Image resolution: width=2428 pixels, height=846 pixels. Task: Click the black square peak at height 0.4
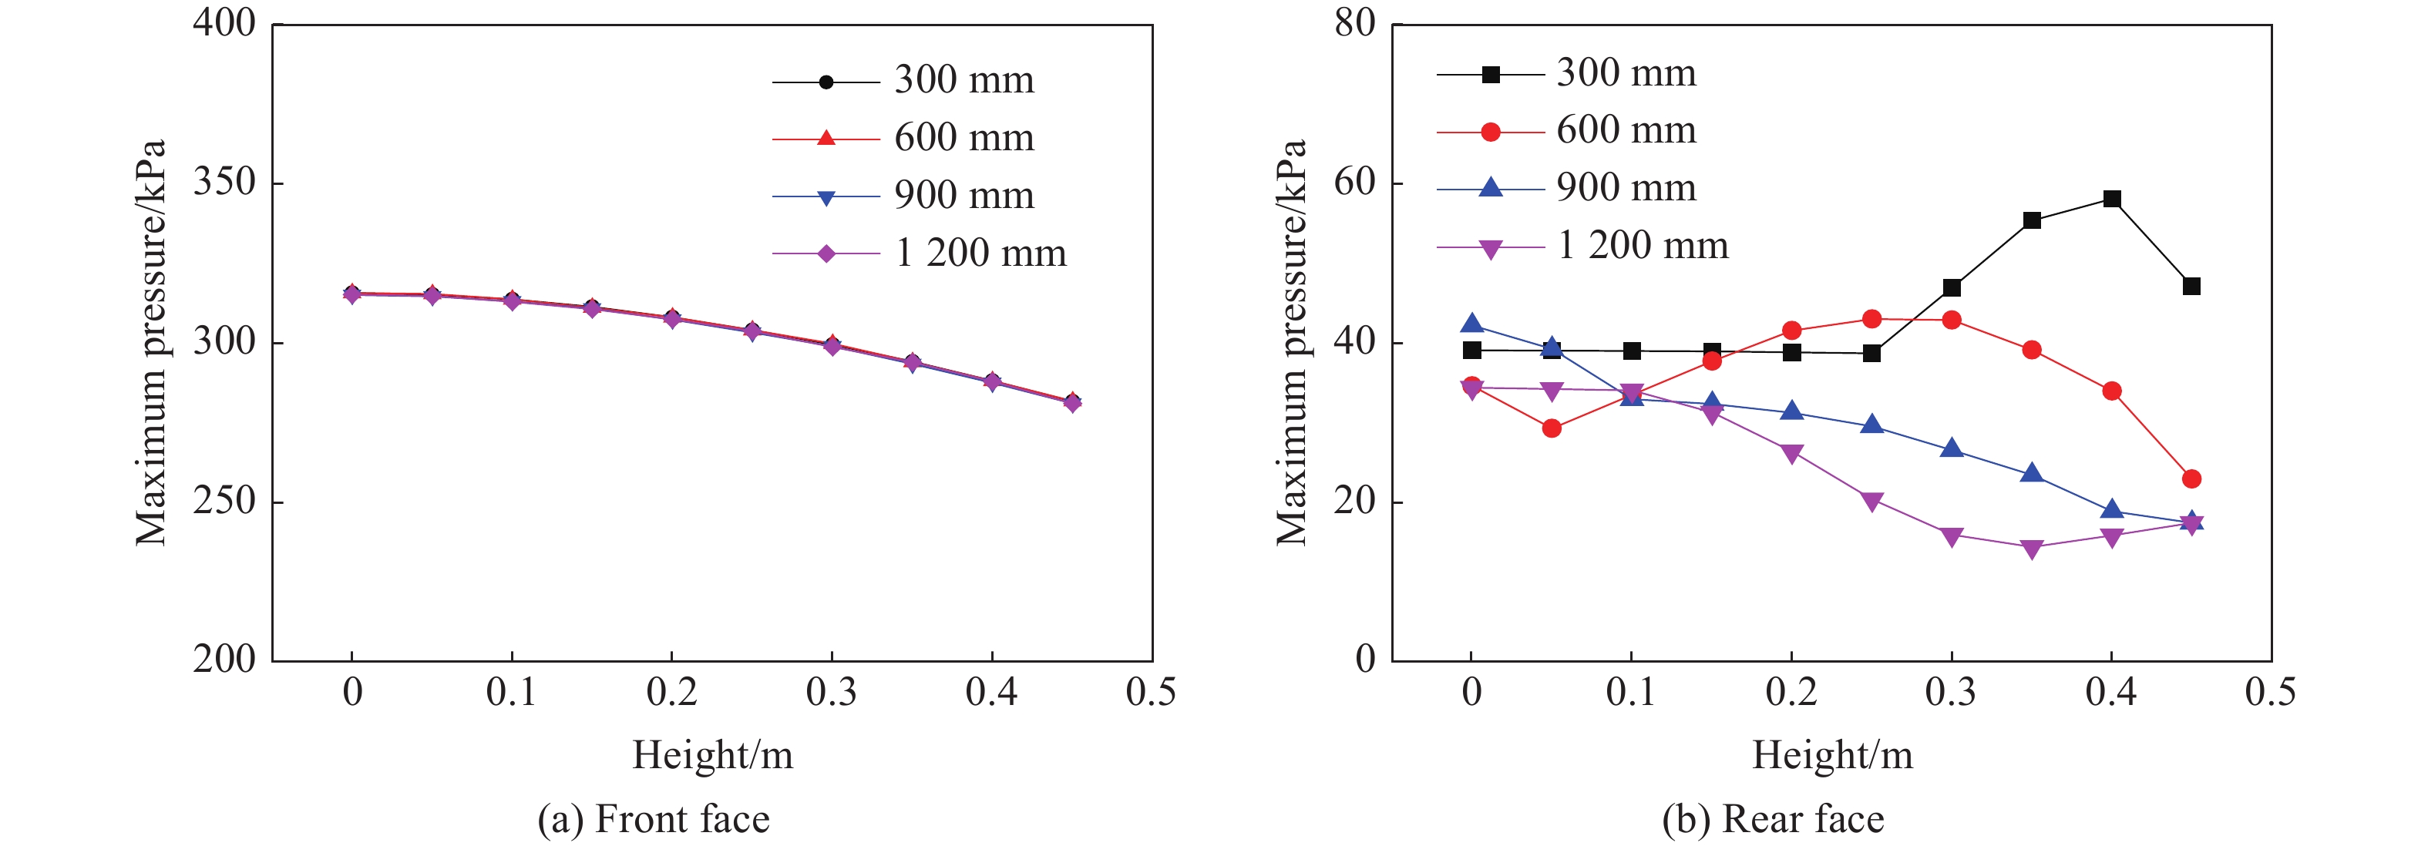[2111, 199]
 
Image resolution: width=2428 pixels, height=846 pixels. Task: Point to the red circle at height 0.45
[2191, 478]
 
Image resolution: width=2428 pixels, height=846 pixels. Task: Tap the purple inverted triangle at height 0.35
[2031, 549]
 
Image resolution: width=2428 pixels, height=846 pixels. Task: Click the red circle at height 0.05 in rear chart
[1552, 428]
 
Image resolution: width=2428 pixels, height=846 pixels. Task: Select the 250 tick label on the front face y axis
[224, 501]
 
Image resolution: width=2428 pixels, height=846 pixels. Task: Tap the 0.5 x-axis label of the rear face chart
[2270, 693]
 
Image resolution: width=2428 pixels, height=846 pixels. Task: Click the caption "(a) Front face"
[653, 819]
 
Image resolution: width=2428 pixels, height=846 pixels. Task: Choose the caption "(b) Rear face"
[1773, 819]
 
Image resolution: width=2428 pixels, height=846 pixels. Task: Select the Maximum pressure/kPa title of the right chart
[1290, 342]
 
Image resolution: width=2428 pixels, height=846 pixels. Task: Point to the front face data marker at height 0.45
[1071, 402]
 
